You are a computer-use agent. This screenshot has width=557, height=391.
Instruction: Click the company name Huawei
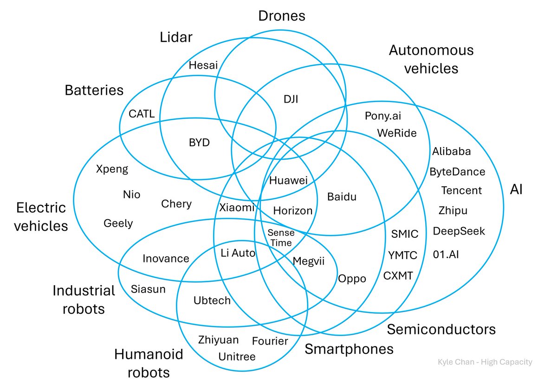pos(288,181)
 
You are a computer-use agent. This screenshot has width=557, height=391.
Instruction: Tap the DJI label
pos(291,98)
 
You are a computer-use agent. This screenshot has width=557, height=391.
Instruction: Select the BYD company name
pos(199,143)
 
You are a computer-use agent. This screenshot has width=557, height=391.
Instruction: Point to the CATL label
pos(142,114)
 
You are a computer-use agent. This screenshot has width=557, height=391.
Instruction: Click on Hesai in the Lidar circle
pos(203,65)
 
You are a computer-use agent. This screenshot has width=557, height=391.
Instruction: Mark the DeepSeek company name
pos(459,231)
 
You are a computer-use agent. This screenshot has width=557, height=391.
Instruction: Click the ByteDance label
pos(457,172)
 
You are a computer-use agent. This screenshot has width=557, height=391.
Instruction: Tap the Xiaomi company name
pos(237,208)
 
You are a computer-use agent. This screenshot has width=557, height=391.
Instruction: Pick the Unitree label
pos(237,357)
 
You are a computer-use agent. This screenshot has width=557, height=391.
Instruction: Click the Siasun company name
pos(148,289)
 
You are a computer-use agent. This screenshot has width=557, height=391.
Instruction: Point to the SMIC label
pos(404,234)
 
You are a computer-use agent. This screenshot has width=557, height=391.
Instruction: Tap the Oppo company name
pos(352,279)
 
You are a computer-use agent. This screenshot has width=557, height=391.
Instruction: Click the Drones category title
pos(281,16)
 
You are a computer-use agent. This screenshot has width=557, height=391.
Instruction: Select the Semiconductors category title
pos(441,329)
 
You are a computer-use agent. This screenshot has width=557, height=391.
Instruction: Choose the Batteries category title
pos(94,90)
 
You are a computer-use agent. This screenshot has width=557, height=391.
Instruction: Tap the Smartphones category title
pos(349,349)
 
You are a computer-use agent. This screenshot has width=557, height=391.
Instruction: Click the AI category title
pos(516,189)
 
